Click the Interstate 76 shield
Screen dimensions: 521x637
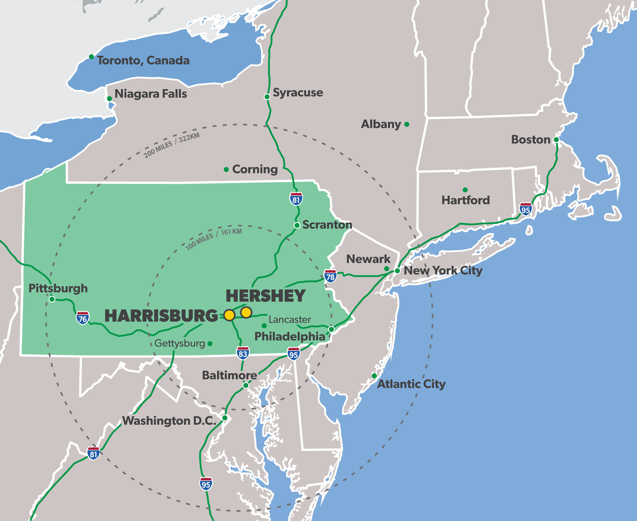83,318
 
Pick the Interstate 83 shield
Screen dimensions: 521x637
243,353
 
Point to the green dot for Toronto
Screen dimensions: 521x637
91,57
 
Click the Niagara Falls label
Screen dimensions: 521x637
151,94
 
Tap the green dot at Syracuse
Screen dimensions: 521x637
267,97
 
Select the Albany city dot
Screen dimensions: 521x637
407,124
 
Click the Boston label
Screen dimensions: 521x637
530,140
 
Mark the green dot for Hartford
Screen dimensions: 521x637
465,190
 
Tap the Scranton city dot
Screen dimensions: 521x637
297,225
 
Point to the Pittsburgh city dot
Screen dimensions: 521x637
52,299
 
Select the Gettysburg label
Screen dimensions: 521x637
180,343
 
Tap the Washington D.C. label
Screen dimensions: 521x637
169,420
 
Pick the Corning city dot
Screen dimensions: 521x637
226,170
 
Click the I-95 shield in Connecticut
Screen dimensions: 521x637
525,209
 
